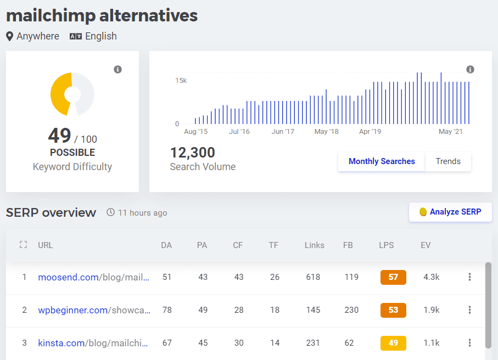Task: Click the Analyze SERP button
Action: [450, 212]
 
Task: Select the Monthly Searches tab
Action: [382, 161]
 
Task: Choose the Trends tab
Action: [448, 161]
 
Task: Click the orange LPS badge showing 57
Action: [393, 277]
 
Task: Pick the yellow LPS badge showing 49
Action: [393, 343]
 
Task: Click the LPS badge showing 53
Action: [393, 310]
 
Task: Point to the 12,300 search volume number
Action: [192, 153]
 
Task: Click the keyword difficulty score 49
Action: [59, 136]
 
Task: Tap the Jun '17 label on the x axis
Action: [283, 132]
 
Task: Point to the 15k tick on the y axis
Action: [181, 81]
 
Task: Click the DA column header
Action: [166, 245]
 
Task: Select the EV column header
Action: [426, 245]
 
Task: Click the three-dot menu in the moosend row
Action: [469, 277]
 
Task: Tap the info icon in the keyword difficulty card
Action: [117, 69]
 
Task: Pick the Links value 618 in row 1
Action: [313, 277]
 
